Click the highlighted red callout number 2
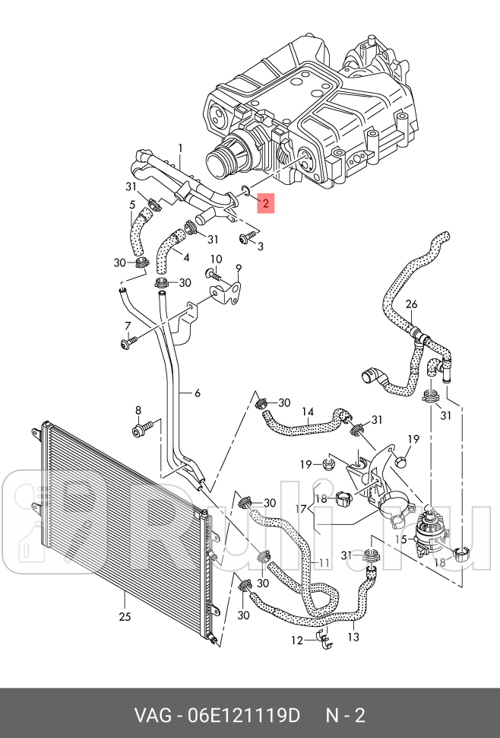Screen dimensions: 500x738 click(x=265, y=203)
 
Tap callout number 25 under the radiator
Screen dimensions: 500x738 click(x=125, y=616)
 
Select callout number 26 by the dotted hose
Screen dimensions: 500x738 click(x=411, y=304)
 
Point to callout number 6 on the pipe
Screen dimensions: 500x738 click(x=198, y=393)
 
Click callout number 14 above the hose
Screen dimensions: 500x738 click(x=307, y=412)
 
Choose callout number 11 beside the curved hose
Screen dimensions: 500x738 click(x=324, y=563)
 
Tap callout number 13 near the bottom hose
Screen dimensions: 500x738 click(x=353, y=637)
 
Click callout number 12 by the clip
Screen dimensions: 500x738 click(x=297, y=641)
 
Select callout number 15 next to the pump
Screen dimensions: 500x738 click(x=400, y=539)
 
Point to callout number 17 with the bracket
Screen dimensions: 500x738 click(x=302, y=509)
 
